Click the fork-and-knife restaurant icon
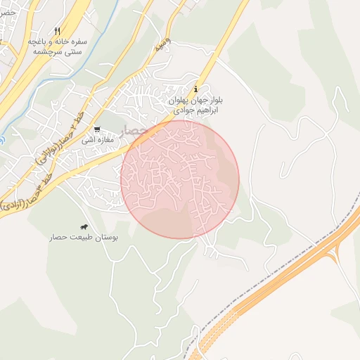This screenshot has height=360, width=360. [57, 32]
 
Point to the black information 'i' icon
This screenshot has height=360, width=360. [195, 90]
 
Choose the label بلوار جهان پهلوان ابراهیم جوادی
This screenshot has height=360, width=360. [196, 106]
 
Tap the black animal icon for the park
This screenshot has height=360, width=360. [84, 228]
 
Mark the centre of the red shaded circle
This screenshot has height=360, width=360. [180, 179]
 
